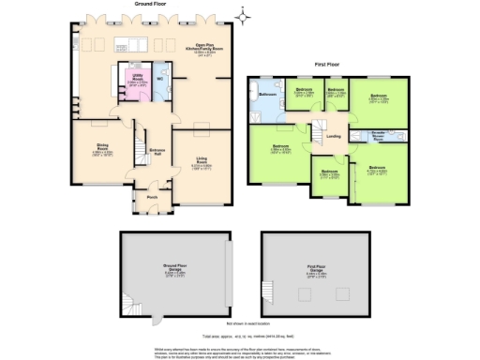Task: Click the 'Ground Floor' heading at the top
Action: tap(156, 5)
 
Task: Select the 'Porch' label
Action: tap(152, 197)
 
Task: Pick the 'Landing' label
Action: tap(332, 136)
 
